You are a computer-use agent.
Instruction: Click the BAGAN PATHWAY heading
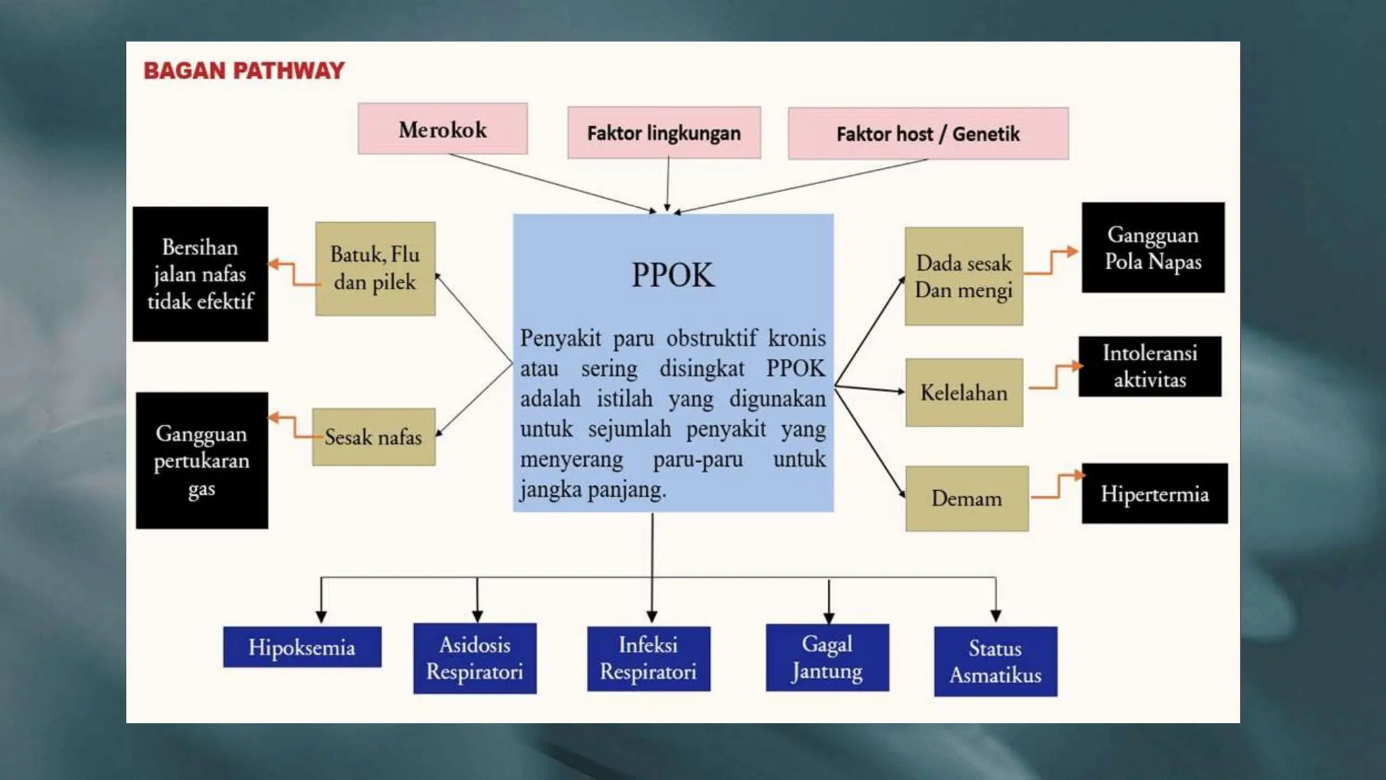tap(244, 70)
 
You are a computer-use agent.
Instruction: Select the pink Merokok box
tap(443, 129)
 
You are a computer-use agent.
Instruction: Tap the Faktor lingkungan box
tap(664, 133)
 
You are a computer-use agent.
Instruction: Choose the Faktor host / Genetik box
tap(928, 133)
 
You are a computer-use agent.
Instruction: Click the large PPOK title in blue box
tap(672, 275)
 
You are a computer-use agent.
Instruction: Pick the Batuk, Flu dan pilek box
tap(375, 269)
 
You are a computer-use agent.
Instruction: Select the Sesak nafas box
tap(374, 437)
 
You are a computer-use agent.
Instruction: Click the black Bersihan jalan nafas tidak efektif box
tap(200, 274)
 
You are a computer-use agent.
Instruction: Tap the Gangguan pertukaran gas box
tap(202, 460)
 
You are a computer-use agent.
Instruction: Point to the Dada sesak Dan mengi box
tap(964, 276)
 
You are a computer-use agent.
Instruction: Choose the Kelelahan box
tap(964, 393)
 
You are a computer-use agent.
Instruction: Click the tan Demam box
tap(966, 498)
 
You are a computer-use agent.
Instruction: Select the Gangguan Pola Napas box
tap(1153, 248)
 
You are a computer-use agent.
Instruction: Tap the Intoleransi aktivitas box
tap(1150, 366)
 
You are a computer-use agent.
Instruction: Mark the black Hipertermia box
tap(1154, 494)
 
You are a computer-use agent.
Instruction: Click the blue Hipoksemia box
tap(302, 647)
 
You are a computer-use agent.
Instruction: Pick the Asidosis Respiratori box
tap(474, 658)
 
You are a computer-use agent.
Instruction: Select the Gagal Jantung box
tap(827, 657)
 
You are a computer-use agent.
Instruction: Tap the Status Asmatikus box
tap(995, 662)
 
